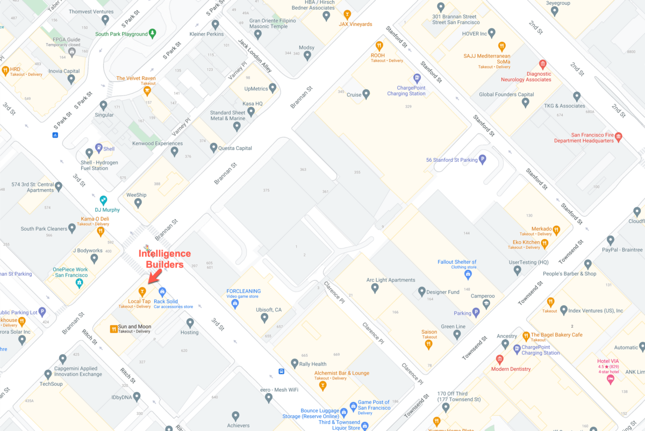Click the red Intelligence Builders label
tap(168, 258)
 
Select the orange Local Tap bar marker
tap(142, 292)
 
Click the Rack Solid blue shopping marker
tap(162, 292)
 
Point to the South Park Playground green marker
tap(153, 33)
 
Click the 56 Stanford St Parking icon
tap(482, 159)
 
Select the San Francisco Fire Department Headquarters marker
tap(618, 137)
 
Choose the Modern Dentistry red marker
tap(499, 360)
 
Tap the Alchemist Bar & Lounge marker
tap(323, 385)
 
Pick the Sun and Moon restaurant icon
tap(113, 328)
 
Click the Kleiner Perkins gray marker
tap(215, 24)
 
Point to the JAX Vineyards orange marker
tap(347, 15)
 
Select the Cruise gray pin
tap(366, 95)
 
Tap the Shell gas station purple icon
tap(98, 148)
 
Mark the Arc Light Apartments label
tap(391, 280)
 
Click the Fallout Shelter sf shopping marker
tap(468, 275)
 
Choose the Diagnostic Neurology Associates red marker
tap(542, 64)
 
